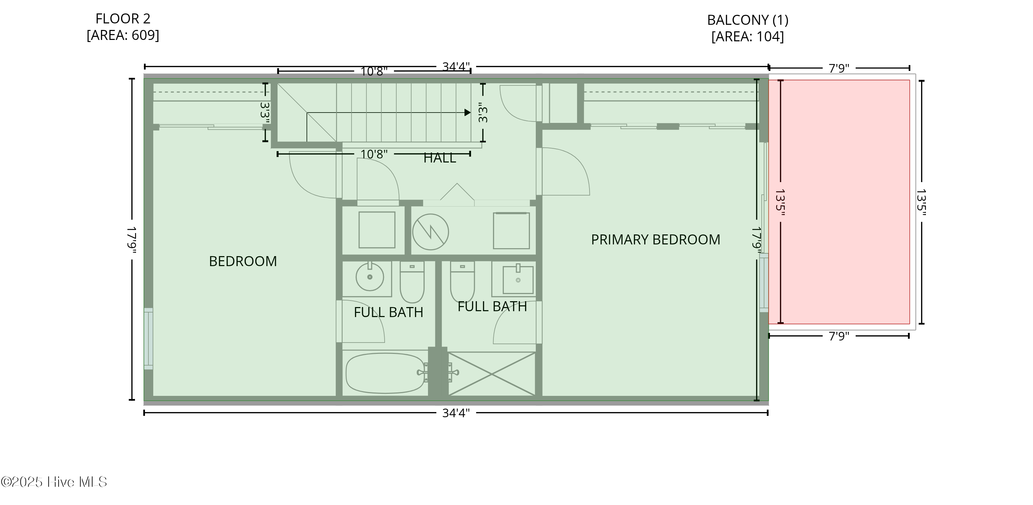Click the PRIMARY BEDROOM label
pos(655,240)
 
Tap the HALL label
pos(439,158)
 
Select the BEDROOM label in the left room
pos(243,261)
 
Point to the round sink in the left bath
pos(369,276)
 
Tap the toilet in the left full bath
pos(412,283)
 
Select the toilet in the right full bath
pos(462,283)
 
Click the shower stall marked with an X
pos(491,374)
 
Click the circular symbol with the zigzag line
pos(430,232)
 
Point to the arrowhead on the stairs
pos(467,113)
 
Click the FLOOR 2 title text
pos(123,19)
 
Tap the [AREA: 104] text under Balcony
pos(747,37)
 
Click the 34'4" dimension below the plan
pos(456,413)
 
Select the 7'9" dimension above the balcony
pos(838,69)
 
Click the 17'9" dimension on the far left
pos(132,240)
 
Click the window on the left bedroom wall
pos(148,339)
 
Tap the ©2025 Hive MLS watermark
pos(54,482)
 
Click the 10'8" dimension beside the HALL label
pos(373,154)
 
